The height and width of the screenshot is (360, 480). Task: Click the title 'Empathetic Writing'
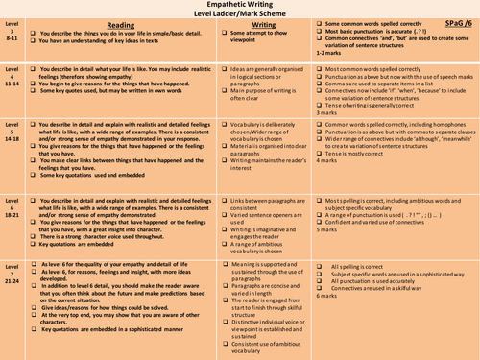point(239,5)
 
